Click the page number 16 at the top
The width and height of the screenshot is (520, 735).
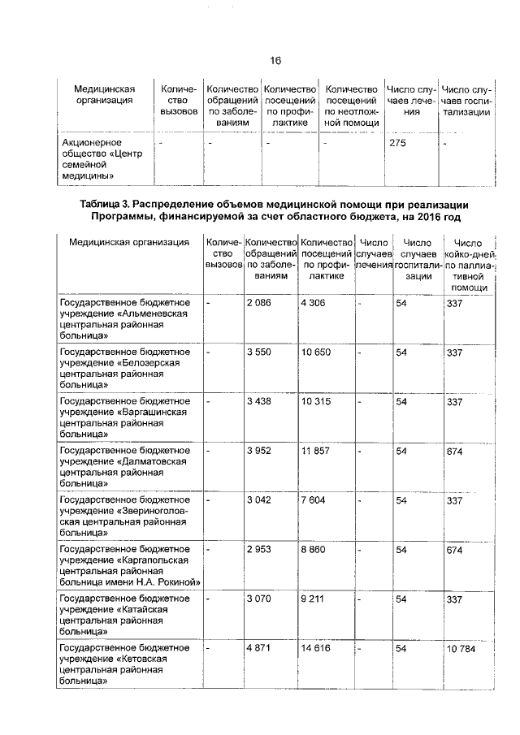275,61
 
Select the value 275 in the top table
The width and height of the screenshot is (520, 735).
400,144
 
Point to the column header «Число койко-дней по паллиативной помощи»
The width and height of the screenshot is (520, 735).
468,265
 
